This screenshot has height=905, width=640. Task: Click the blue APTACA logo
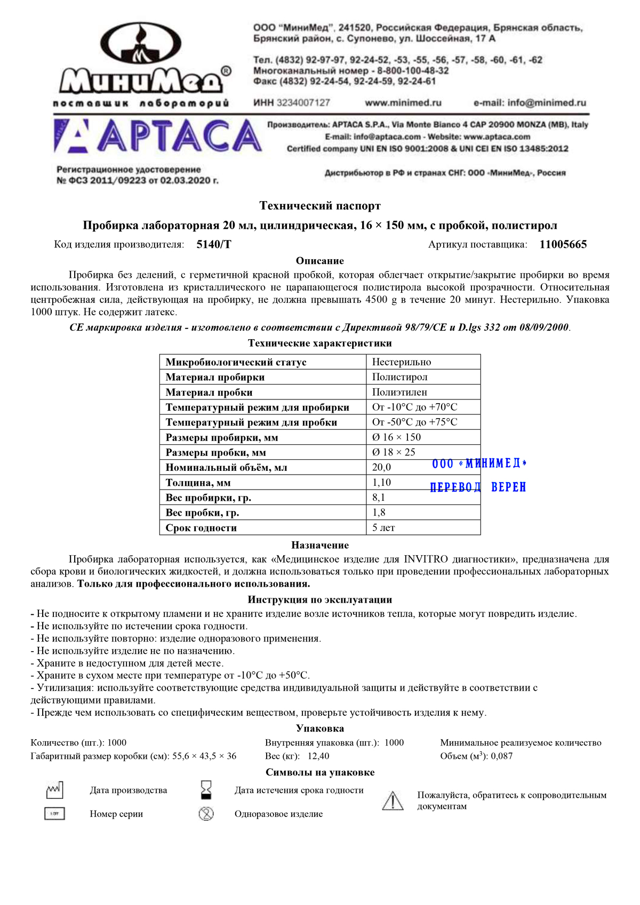(x=158, y=137)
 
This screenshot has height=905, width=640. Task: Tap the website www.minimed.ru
(x=403, y=103)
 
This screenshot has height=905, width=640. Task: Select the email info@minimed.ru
(x=530, y=103)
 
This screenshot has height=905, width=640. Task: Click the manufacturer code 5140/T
(x=214, y=245)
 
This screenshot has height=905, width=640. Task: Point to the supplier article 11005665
(x=563, y=245)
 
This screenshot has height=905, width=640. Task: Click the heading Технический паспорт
(x=320, y=206)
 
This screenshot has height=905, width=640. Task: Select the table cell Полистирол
(x=400, y=377)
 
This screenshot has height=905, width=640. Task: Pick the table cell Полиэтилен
(x=399, y=392)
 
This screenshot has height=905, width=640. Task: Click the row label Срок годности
(x=201, y=528)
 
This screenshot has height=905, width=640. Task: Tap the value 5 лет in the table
(x=383, y=527)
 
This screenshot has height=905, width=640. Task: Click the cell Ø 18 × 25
(x=394, y=452)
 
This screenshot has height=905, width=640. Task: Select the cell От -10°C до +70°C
(x=414, y=407)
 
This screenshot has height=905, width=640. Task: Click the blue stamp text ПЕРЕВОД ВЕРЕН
(x=478, y=487)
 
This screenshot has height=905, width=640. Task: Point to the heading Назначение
(x=320, y=545)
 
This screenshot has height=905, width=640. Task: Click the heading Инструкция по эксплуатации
(x=320, y=600)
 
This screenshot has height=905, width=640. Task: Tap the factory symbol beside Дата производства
(x=54, y=790)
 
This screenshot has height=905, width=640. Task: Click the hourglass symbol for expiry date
(x=206, y=790)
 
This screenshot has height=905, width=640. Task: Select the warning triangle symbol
(x=393, y=801)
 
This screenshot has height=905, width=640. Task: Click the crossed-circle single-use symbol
(x=206, y=814)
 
